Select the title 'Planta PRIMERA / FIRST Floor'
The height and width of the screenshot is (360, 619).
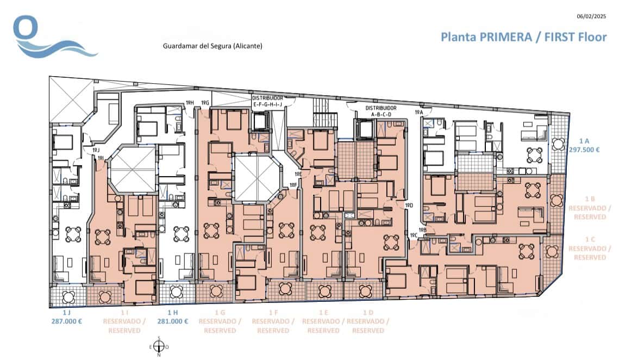523,37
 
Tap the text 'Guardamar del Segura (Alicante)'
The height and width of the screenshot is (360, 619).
212,46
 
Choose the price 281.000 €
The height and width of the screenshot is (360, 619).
173,321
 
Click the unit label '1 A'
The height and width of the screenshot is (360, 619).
584,140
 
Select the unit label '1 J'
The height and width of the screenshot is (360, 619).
66,312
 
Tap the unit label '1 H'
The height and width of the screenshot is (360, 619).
173,312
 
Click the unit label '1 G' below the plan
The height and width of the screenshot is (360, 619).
220,312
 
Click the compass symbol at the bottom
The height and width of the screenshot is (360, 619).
158,347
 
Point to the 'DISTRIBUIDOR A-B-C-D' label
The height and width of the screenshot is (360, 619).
380,111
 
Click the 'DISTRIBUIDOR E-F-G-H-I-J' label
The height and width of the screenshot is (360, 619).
267,101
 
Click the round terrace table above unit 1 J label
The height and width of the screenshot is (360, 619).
68,296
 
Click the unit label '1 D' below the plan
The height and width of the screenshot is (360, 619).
368,312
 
